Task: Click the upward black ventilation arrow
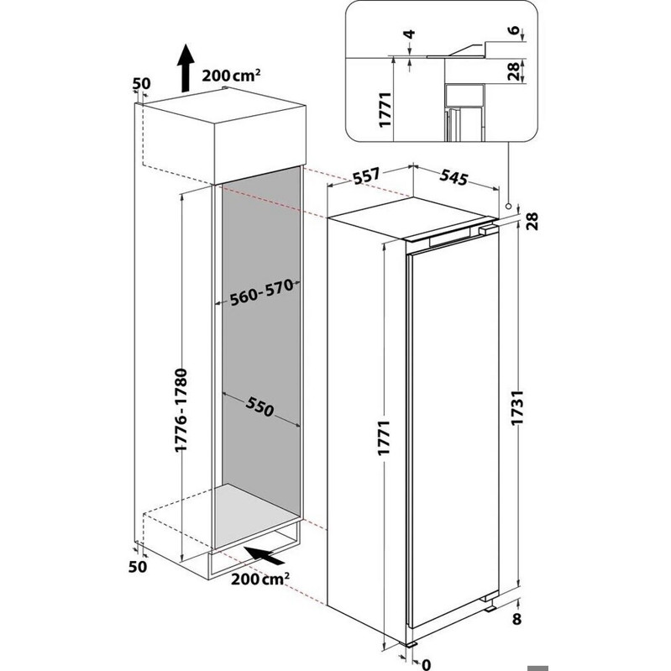[183, 71]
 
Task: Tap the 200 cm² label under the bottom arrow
[260, 579]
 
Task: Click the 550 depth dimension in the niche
[260, 407]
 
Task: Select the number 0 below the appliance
[427, 663]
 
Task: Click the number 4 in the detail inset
[409, 35]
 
